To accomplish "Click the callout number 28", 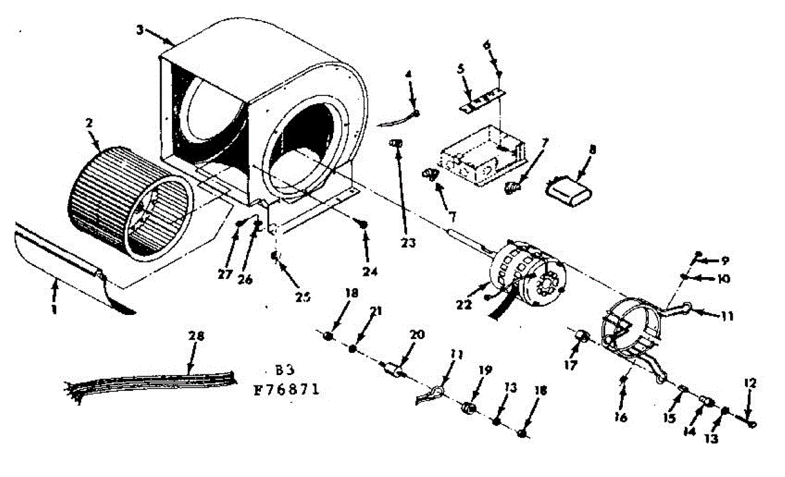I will pyautogui.click(x=196, y=337).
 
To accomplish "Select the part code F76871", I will pyautogui.click(x=287, y=390).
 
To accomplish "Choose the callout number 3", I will pyautogui.click(x=139, y=29).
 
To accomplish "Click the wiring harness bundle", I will pyautogui.click(x=150, y=380).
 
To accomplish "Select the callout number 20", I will pyautogui.click(x=417, y=335).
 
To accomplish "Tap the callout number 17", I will pyautogui.click(x=571, y=365).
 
